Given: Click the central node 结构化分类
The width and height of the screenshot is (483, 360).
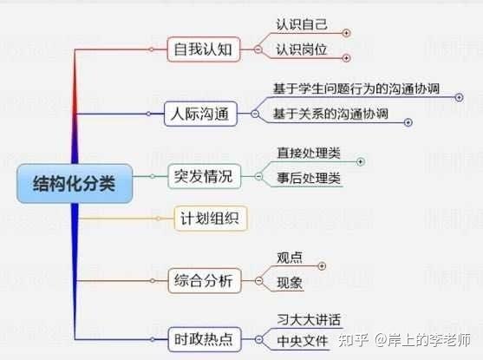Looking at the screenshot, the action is [x=75, y=184].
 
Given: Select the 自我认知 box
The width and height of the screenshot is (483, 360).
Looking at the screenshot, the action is [x=203, y=49].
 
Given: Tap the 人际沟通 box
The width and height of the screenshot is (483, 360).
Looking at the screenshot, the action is [x=200, y=114].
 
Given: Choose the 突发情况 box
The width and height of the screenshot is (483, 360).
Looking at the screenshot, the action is [x=204, y=176].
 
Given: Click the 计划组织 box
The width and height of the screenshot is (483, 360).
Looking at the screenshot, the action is [x=211, y=219].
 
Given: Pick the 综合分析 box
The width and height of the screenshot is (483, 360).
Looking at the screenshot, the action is [x=204, y=281].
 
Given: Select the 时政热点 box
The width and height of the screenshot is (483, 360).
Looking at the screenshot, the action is [x=204, y=339].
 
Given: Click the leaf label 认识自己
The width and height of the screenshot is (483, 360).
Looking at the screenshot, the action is [x=302, y=24].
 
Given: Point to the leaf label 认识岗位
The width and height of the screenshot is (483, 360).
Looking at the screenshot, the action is [x=302, y=49].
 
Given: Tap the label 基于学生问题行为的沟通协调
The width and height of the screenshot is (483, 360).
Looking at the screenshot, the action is [x=356, y=88].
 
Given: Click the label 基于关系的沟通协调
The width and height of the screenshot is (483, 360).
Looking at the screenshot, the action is [x=330, y=114].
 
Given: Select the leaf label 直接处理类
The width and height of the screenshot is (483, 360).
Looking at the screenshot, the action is [x=309, y=154].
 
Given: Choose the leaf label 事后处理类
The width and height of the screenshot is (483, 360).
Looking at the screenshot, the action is [x=309, y=178].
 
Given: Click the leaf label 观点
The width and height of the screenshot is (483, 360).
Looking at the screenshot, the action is [x=290, y=258].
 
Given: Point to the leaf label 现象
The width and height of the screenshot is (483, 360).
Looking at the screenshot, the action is [x=290, y=283].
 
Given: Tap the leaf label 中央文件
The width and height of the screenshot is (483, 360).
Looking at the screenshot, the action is [x=302, y=341].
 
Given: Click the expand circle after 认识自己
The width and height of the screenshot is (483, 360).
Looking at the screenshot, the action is [x=346, y=33].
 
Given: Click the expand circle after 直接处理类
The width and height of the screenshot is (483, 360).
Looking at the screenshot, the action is [x=361, y=161].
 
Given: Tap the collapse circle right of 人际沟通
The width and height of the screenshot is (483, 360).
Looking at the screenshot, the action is [x=255, y=114].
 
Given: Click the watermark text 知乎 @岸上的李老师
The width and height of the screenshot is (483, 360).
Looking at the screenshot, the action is [x=404, y=340].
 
